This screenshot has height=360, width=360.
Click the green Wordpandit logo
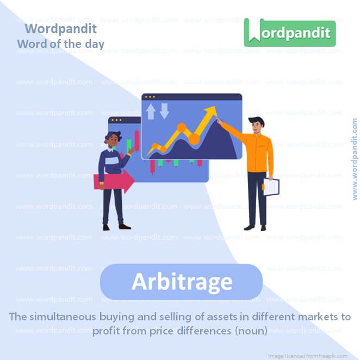pos(290,32)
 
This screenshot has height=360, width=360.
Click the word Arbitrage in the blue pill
pos(182,282)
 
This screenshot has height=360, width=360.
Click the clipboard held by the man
pos(271,187)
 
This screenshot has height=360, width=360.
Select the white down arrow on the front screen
pos(164,111)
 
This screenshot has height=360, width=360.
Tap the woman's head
pos(113,140)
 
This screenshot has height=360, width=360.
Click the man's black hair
pos(256,121)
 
